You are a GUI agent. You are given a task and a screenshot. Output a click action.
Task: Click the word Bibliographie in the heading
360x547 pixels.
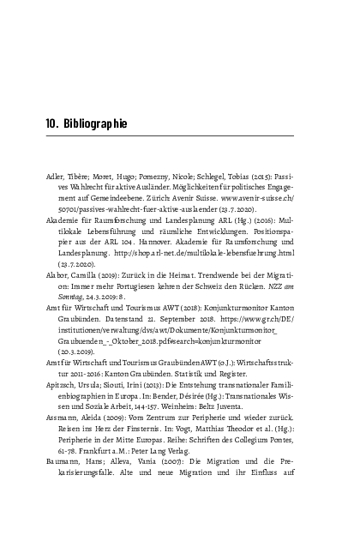click(x=95, y=124)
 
